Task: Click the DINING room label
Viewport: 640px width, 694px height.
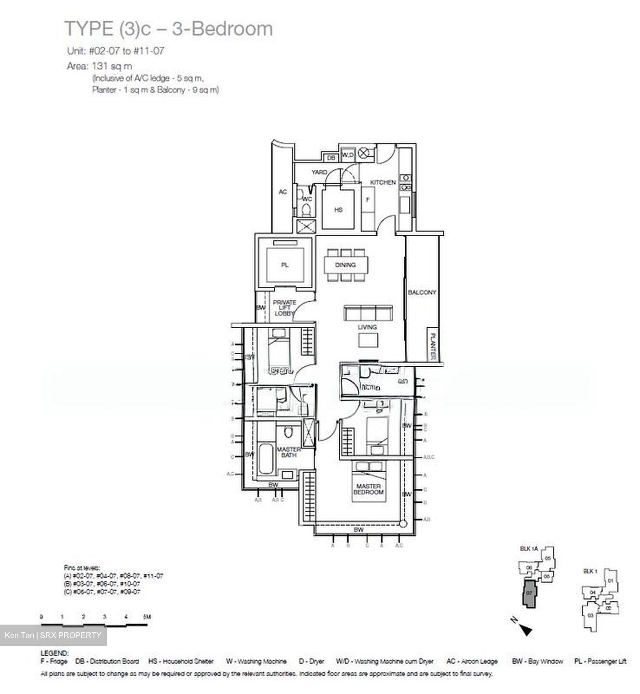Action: [345, 265]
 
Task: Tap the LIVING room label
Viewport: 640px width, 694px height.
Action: [367, 327]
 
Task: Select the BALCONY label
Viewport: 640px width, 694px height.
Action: [422, 292]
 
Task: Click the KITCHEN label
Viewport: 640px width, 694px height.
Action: [383, 182]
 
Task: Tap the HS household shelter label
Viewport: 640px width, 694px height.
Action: [338, 210]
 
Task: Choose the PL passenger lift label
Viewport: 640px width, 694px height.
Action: [285, 265]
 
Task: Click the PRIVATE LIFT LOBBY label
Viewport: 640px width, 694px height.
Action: [284, 307]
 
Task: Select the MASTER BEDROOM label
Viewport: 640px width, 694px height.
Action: [369, 489]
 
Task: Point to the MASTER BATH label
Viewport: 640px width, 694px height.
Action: [289, 452]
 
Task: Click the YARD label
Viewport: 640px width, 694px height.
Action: [319, 172]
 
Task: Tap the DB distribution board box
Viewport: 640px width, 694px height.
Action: [331, 158]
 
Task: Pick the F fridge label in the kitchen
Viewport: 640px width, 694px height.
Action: [368, 199]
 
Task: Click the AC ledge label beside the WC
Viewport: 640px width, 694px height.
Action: [283, 192]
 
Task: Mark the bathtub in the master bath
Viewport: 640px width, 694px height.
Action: [266, 460]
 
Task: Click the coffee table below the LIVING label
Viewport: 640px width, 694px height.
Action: [368, 341]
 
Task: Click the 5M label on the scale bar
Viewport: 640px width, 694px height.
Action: [146, 616]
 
